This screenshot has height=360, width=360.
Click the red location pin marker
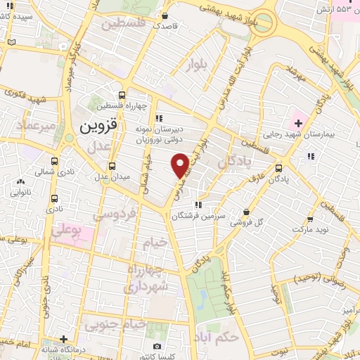(x=181, y=165)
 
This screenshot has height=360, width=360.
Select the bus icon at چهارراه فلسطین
(x=122, y=96)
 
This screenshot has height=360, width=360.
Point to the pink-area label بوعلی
(x=68, y=230)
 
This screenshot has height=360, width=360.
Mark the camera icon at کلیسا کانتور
(x=156, y=347)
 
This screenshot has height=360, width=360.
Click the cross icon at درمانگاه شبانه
(x=63, y=338)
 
